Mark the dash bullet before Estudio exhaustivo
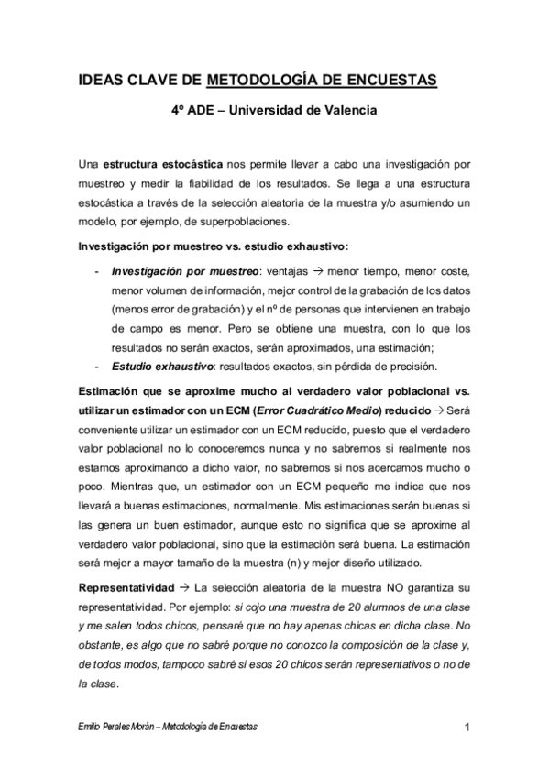[x=98, y=366]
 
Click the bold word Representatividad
[x=129, y=586]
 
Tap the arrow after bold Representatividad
[x=184, y=586]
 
